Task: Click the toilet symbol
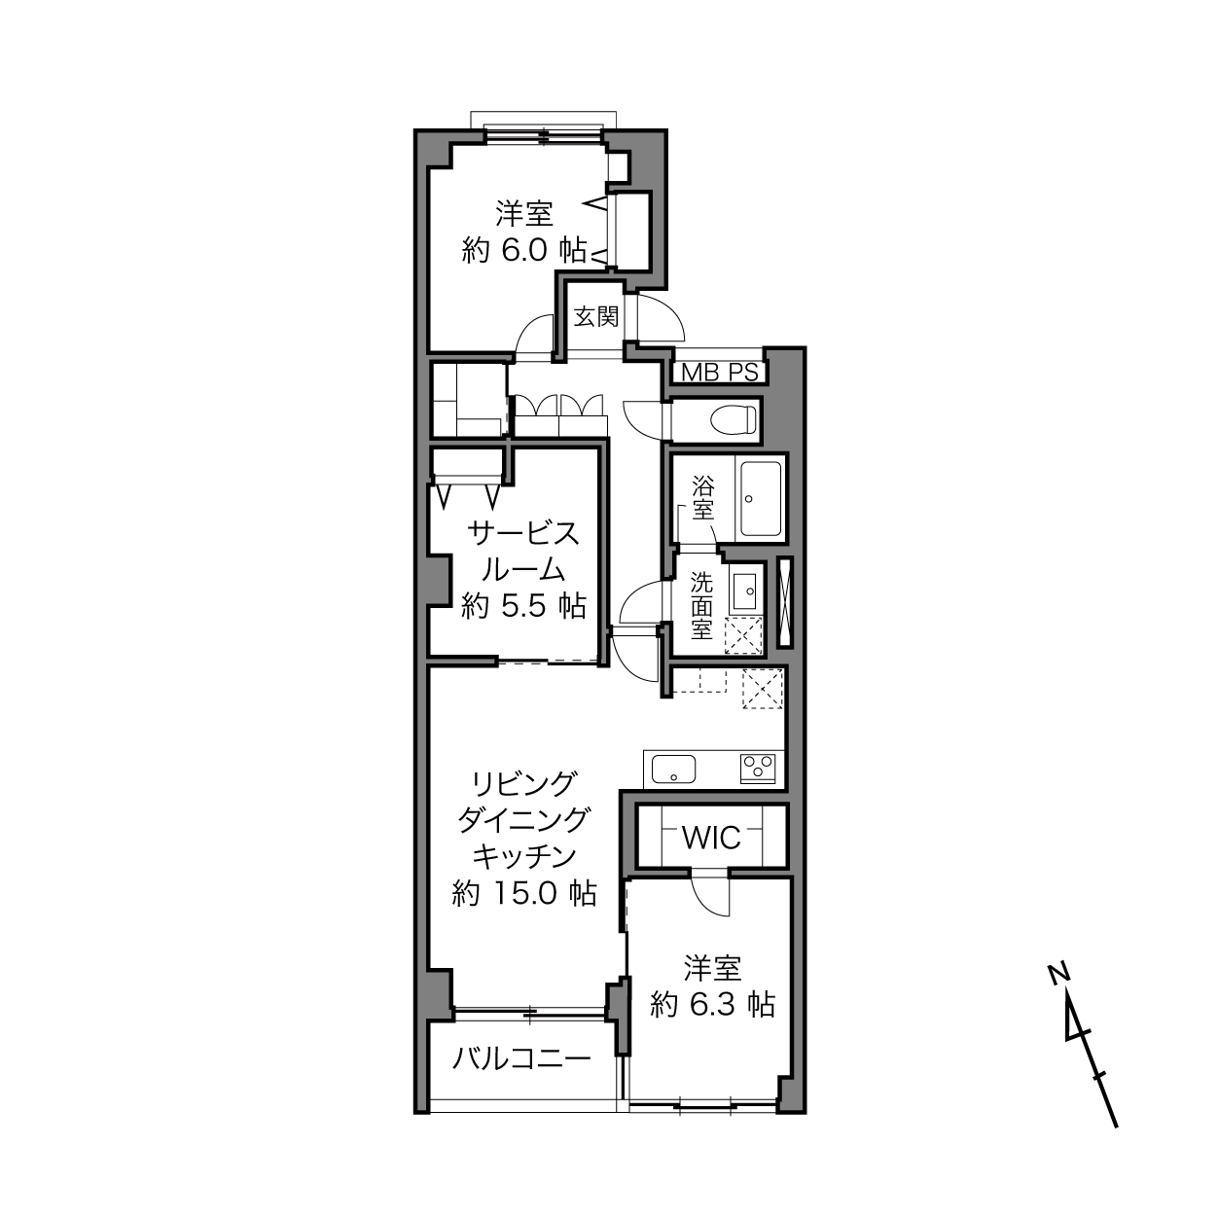click(x=734, y=418)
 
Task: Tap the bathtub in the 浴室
click(x=761, y=499)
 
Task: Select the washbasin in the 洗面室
click(x=746, y=590)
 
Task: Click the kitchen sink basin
click(x=674, y=770)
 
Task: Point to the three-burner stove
click(x=758, y=769)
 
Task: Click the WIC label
click(x=711, y=839)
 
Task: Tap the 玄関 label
click(x=595, y=316)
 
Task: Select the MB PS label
click(x=720, y=373)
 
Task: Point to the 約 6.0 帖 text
click(x=524, y=251)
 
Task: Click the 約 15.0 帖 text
click(x=524, y=894)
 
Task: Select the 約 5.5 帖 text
click(x=524, y=606)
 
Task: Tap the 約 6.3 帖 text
click(x=712, y=1004)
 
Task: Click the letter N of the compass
click(x=1057, y=974)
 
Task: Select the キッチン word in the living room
click(x=524, y=857)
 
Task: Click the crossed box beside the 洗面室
click(x=785, y=602)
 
